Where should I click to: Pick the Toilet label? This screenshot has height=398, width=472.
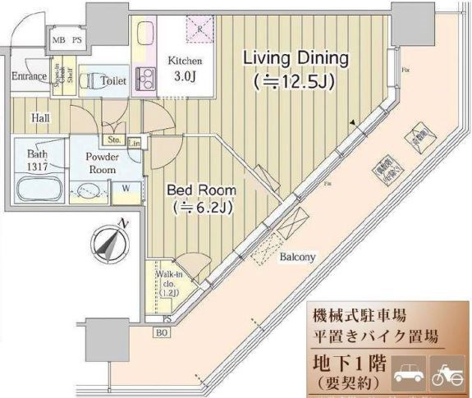tap(112, 82)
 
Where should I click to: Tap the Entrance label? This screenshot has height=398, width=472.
tap(28, 76)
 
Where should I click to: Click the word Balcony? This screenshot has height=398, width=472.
tap(296, 258)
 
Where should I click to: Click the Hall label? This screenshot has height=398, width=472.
tap(41, 118)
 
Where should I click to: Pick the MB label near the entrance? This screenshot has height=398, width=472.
tap(60, 39)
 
